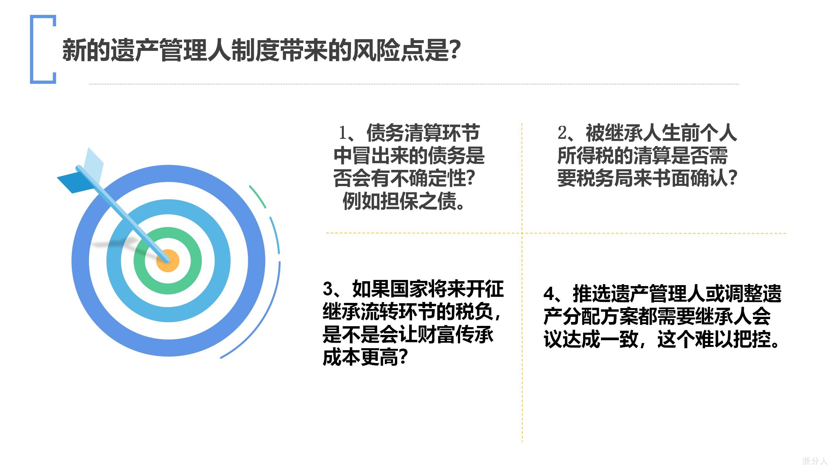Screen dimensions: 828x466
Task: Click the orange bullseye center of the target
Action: tap(168, 261)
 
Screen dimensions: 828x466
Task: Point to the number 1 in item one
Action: tap(343, 133)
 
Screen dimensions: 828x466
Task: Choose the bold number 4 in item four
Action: tap(549, 294)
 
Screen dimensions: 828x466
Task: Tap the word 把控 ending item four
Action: tap(752, 339)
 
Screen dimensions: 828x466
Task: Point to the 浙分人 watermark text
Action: tap(814, 460)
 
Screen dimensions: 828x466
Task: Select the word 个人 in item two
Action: tap(718, 133)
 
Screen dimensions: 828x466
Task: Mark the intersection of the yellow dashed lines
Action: tap(522, 233)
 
